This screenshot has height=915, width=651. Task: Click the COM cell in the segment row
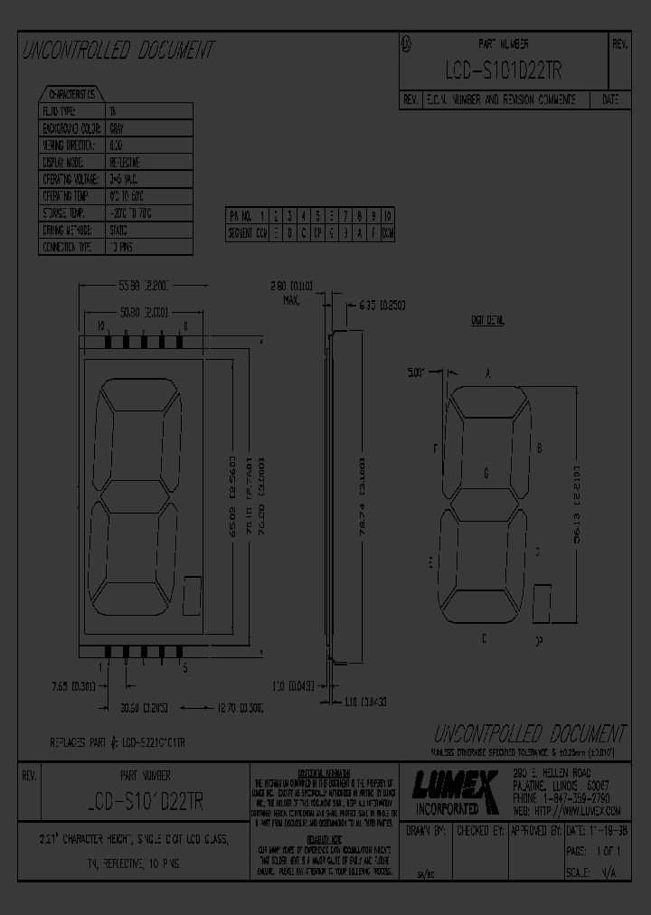pos(387,231)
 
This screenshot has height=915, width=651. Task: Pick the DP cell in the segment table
pos(317,231)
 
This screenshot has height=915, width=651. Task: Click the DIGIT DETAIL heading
pos(487,320)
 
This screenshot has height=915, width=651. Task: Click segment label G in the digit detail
pos(486,472)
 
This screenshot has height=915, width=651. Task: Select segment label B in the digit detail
pos(539,448)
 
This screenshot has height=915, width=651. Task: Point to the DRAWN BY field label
pos(428,830)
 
